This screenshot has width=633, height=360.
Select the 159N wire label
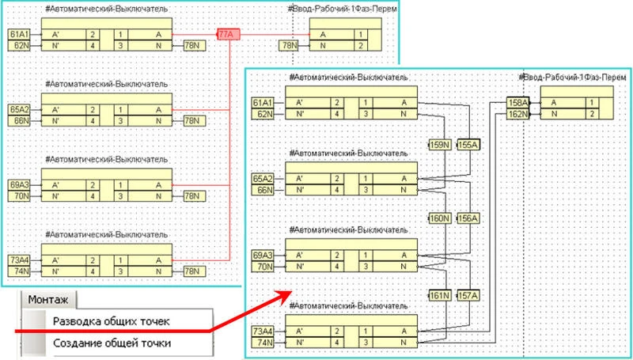(x=439, y=145)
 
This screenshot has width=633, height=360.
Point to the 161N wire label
(x=439, y=295)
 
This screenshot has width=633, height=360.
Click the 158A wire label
(x=517, y=102)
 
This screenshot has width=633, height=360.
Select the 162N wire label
(x=517, y=114)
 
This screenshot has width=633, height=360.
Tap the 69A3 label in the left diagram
(x=19, y=184)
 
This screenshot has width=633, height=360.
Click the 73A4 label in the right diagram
(x=263, y=331)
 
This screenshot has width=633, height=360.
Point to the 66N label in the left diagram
(x=20, y=120)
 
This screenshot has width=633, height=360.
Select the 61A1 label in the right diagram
(x=263, y=103)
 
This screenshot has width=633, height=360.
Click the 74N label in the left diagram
(x=20, y=271)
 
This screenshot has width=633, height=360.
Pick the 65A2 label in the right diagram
(x=263, y=179)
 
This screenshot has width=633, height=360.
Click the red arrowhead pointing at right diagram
(x=284, y=294)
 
